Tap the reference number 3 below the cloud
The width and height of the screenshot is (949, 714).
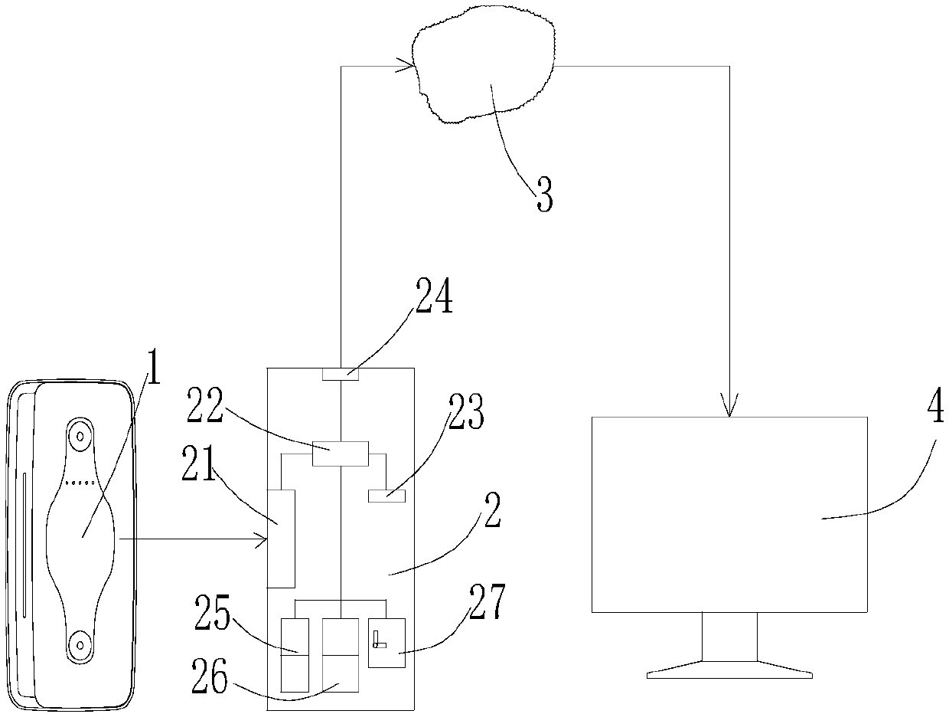click(x=542, y=194)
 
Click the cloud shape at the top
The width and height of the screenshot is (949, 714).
click(x=482, y=65)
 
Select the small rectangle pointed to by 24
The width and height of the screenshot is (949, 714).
click(x=339, y=374)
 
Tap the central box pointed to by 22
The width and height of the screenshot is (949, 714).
click(x=340, y=454)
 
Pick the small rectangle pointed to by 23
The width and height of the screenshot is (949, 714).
click(x=386, y=496)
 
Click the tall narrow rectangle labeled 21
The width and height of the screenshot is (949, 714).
click(x=282, y=539)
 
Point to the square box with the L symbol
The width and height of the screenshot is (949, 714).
click(x=386, y=643)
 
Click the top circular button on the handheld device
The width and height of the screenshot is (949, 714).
click(x=79, y=436)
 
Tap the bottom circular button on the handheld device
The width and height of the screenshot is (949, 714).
click(x=79, y=645)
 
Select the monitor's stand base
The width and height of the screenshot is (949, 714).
click(x=729, y=674)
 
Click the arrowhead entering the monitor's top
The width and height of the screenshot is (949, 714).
click(x=729, y=406)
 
